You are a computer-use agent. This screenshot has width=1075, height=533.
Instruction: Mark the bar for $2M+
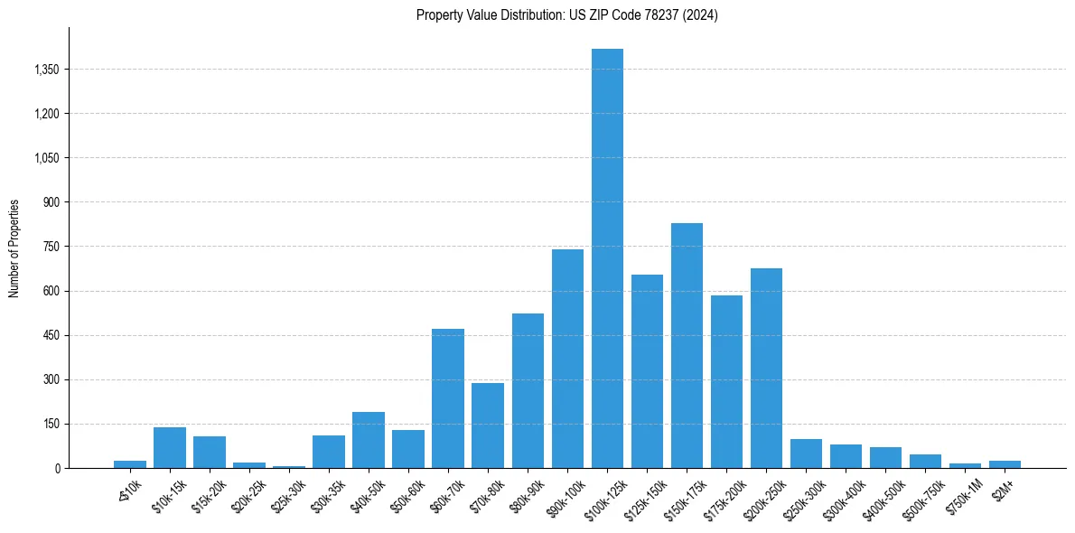click(1005, 464)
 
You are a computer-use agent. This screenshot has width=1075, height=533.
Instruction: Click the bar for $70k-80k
click(488, 425)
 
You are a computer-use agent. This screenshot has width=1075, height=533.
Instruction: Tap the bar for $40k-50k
click(369, 440)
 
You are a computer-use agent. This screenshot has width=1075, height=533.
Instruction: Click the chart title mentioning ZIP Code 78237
click(567, 15)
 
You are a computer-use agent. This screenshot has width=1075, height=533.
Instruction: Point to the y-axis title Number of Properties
click(14, 248)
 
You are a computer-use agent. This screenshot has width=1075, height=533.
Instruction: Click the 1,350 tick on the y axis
click(45, 70)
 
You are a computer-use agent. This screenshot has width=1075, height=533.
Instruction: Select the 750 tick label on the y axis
click(51, 247)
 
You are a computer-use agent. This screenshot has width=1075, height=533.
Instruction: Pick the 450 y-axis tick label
click(51, 335)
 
